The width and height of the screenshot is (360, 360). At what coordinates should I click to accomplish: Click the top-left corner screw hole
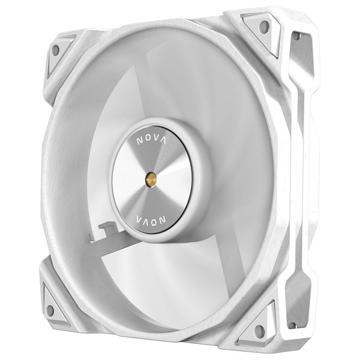click(x=56, y=50)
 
